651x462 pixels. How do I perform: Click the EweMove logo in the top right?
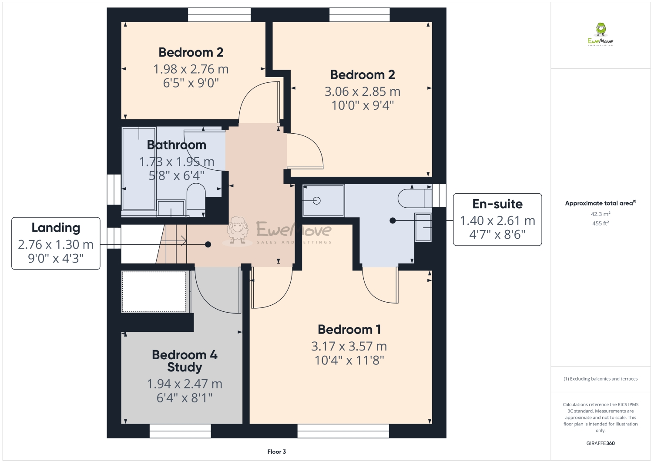pyautogui.click(x=601, y=34)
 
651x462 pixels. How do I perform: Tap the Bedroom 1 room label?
pyautogui.click(x=349, y=330)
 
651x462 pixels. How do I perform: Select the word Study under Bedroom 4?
pyautogui.click(x=185, y=368)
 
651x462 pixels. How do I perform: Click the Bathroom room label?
pyautogui.click(x=176, y=145)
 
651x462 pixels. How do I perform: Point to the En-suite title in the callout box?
pyautogui.click(x=497, y=204)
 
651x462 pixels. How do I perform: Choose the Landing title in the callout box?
pyautogui.click(x=56, y=228)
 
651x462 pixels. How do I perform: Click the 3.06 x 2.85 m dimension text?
pyautogui.click(x=362, y=92)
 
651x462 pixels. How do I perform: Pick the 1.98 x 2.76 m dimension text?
pyautogui.click(x=191, y=69)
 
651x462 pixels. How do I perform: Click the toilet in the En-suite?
pyautogui.click(x=413, y=199)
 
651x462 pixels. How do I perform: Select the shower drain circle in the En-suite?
pyautogui.click(x=317, y=201)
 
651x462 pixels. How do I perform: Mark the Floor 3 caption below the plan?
pyautogui.click(x=277, y=452)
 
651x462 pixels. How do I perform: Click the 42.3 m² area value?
pyautogui.click(x=600, y=214)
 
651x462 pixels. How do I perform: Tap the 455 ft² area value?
pyautogui.click(x=600, y=223)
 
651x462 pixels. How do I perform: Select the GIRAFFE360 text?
pyautogui.click(x=601, y=443)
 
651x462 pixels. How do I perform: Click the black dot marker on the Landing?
pyautogui.click(x=208, y=245)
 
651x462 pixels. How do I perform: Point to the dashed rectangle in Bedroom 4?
pyautogui.click(x=154, y=292)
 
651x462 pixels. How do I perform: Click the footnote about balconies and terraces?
pyautogui.click(x=601, y=379)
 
